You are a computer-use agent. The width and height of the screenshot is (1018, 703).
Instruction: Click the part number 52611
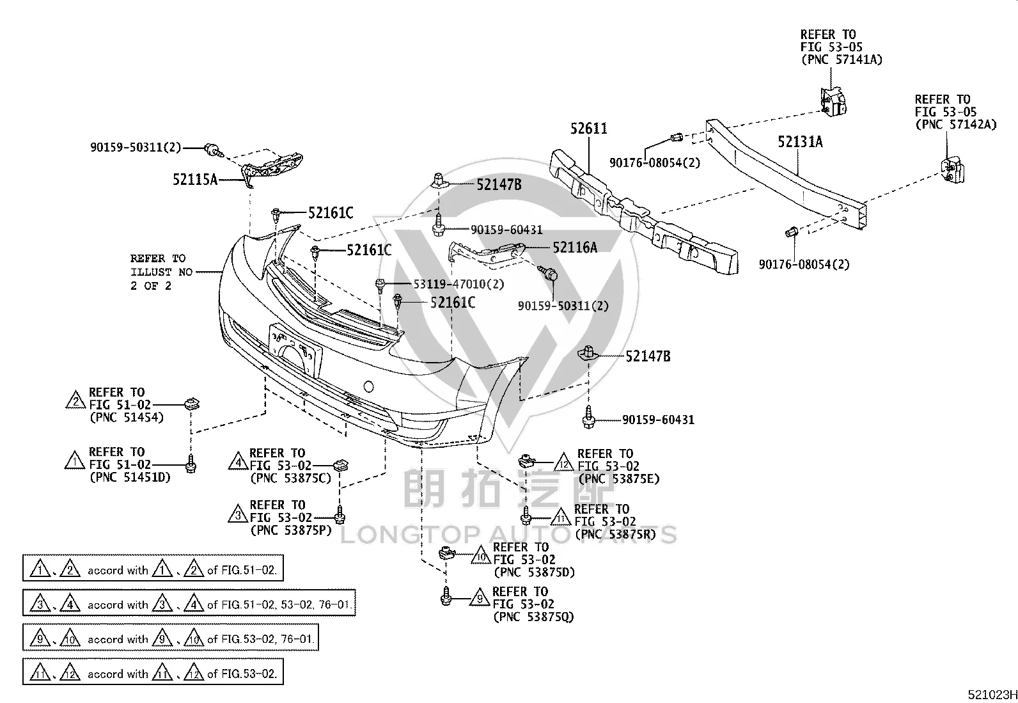coord(588,129)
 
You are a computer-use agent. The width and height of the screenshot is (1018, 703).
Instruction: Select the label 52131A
coord(800,142)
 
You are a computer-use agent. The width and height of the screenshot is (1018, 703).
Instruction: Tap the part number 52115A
coord(195,180)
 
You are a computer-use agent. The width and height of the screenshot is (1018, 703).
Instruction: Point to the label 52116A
coord(575,248)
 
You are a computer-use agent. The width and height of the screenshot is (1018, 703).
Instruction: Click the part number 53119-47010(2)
coord(458,284)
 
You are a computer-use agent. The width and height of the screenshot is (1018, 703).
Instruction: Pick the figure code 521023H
coord(992,695)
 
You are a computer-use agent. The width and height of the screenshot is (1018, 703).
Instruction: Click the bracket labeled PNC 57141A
coord(833,102)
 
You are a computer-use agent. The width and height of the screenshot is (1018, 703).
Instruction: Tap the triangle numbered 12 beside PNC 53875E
coord(564,462)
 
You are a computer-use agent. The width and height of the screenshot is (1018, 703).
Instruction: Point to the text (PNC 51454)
coord(127,418)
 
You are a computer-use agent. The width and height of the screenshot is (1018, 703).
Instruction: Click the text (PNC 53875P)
coord(291,530)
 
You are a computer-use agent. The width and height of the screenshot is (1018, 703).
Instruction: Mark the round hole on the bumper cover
coord(368,387)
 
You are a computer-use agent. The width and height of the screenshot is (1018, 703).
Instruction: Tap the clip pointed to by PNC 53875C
coord(340,466)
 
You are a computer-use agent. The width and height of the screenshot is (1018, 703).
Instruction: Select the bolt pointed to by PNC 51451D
coord(191,464)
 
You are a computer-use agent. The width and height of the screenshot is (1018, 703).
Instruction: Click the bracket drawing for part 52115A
coord(272,168)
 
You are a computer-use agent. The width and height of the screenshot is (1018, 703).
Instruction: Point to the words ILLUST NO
coord(162,272)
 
